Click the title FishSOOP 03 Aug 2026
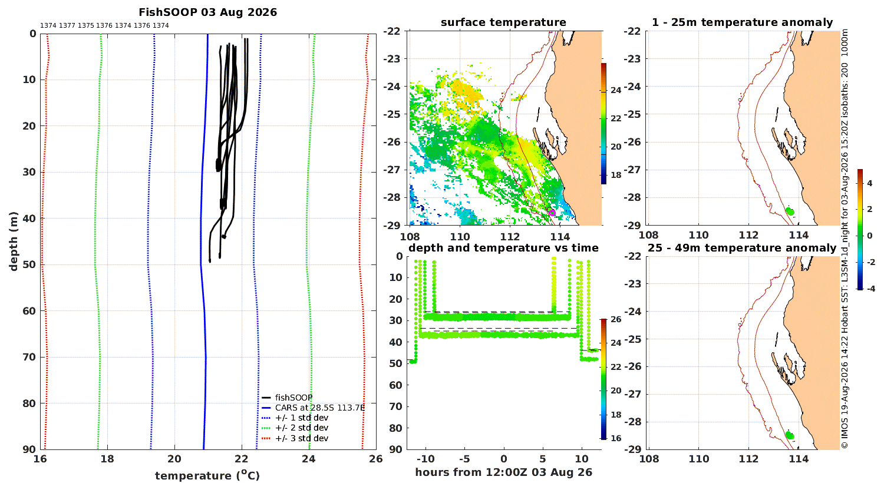(207, 12)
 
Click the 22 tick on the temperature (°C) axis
(242, 459)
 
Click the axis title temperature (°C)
(207, 475)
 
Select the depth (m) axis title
(14, 241)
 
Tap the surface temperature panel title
(503, 22)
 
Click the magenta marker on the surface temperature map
(553, 213)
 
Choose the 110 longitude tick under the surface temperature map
(460, 237)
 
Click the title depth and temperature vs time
(503, 248)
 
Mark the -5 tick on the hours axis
(464, 459)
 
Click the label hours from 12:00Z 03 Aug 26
(503, 472)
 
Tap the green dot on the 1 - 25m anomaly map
(790, 211)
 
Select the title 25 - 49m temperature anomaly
(742, 248)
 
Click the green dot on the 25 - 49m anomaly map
(790, 436)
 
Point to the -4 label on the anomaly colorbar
(870, 289)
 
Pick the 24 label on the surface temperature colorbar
(616, 90)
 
